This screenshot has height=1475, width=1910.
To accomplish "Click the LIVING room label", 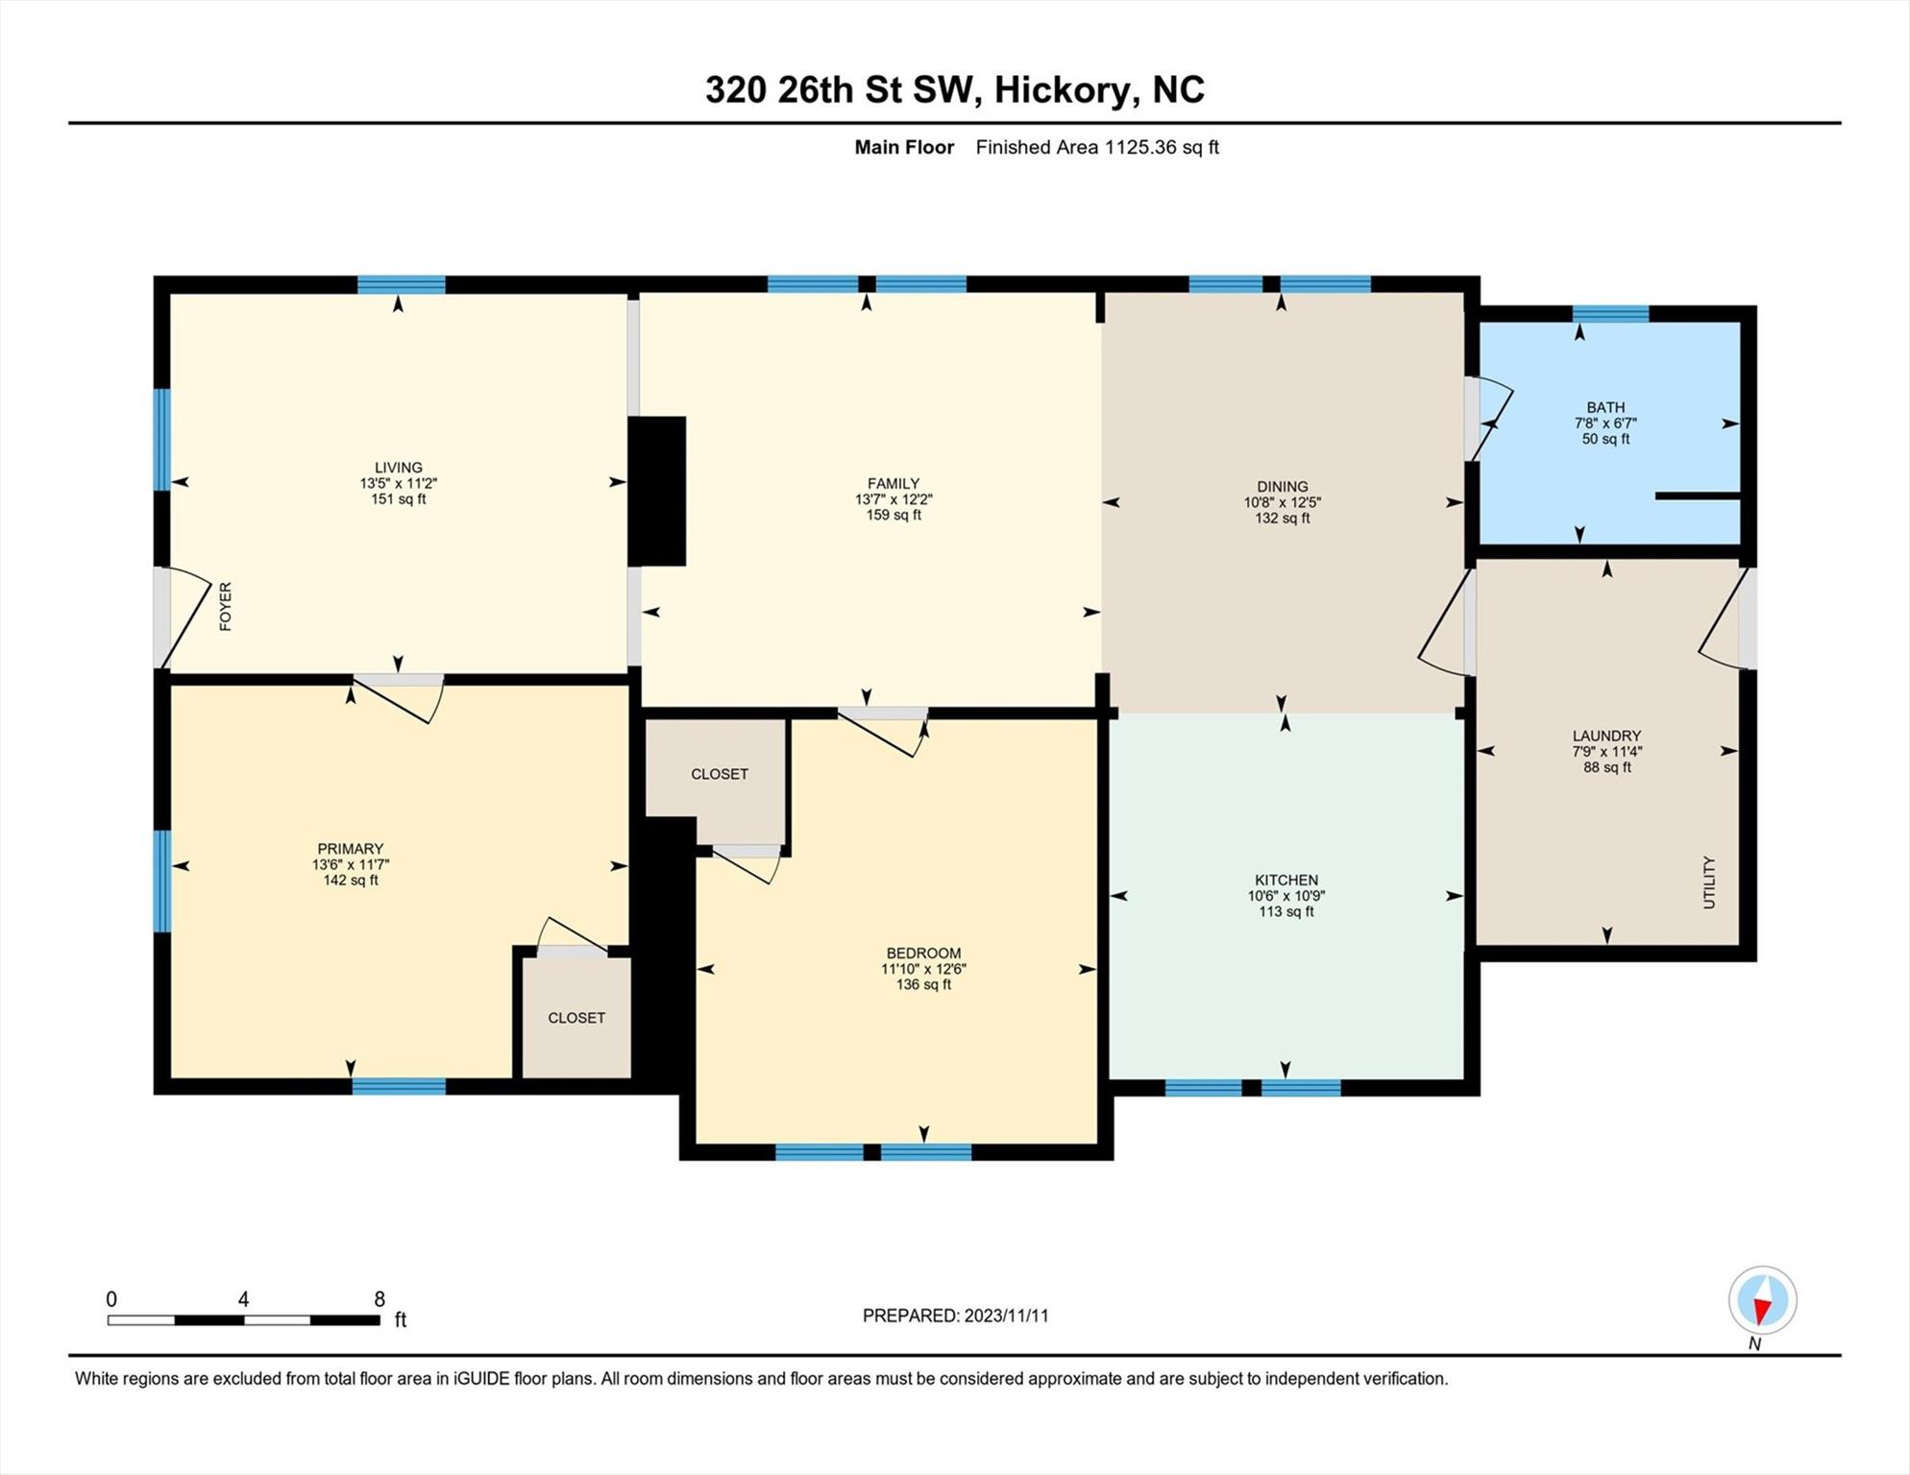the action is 399,468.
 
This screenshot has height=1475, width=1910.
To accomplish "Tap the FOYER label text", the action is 226,607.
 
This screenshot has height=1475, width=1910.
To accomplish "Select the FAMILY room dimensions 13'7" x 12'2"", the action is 894,499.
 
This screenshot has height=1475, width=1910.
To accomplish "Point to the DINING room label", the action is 1283,486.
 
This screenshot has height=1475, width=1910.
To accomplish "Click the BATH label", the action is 1605,407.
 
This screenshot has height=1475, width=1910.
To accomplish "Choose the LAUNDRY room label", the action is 1606,736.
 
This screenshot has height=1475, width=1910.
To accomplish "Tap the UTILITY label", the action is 1708,883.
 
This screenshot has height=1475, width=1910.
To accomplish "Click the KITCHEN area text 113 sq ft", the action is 1286,911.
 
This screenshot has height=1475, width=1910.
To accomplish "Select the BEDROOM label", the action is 923,953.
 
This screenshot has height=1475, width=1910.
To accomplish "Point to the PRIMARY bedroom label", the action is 351,849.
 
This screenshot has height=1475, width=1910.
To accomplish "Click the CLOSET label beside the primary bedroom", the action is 576,1018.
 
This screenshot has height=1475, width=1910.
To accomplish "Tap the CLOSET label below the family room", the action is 720,774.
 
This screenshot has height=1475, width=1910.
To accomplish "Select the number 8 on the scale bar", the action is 380,1299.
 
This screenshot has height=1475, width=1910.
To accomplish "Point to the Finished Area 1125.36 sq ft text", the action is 1097,147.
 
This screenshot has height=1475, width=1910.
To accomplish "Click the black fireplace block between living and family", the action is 657,491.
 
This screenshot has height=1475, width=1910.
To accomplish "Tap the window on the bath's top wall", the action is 1610,313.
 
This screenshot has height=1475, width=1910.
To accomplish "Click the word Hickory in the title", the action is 1062,89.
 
